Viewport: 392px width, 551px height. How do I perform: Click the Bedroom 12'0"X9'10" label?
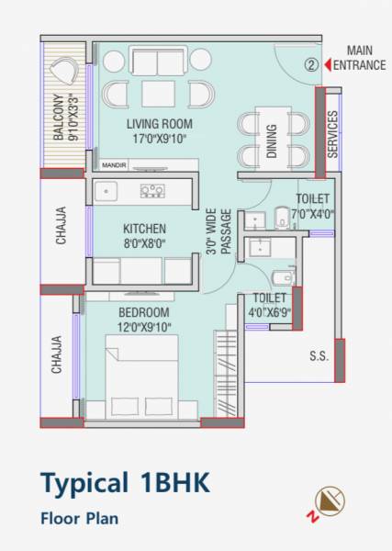coord(143,319)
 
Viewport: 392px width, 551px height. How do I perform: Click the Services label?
coord(332,134)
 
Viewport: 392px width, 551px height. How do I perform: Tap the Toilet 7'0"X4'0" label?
coord(312,207)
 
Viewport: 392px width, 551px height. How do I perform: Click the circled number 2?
coord(311,65)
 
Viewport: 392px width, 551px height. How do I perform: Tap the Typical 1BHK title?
coord(125,482)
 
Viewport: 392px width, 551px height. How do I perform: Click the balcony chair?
coord(63,73)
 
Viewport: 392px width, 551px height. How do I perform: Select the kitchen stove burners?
coord(151,192)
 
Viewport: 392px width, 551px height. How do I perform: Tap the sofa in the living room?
coord(157,62)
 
